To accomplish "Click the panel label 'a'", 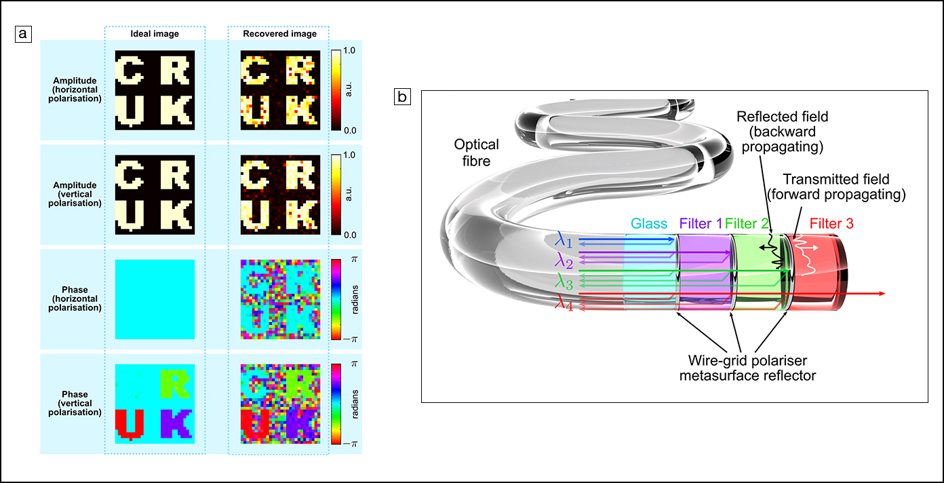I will point(23,33).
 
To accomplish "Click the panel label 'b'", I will point(402,98).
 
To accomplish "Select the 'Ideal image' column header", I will point(155,34).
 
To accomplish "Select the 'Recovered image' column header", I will point(279,34).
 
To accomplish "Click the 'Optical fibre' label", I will point(477,152).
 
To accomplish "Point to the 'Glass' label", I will point(650,223).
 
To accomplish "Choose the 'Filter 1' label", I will point(701,223).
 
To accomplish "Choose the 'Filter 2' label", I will point(747,223).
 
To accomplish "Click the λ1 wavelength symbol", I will point(564,241).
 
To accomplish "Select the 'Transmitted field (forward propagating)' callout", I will point(844,187).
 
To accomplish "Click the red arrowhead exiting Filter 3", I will point(881,294).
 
